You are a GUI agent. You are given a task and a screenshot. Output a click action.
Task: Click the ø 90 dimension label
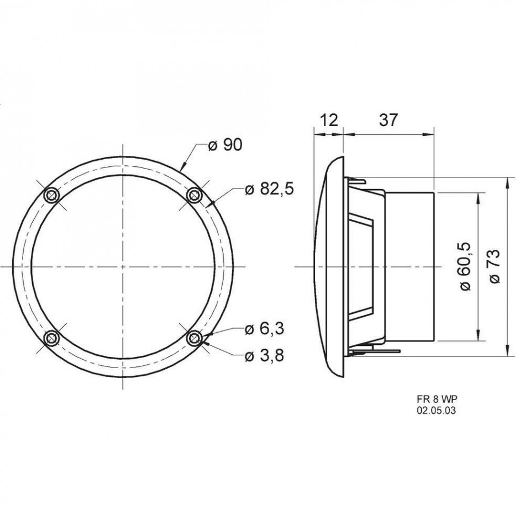pos(225,145)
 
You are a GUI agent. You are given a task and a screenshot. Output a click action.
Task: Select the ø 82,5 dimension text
pos(269,190)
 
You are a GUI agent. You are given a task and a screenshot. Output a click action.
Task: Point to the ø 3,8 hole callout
pos(264,355)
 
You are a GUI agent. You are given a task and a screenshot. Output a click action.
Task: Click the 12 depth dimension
pos(328,120)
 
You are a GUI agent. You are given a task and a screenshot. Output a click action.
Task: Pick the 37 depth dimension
pos(389,120)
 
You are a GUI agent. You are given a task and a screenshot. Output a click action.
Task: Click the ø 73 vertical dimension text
pos(494,266)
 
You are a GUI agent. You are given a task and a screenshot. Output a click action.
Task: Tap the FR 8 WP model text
pos(437,399)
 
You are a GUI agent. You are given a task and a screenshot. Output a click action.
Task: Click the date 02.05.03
pos(436,411)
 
